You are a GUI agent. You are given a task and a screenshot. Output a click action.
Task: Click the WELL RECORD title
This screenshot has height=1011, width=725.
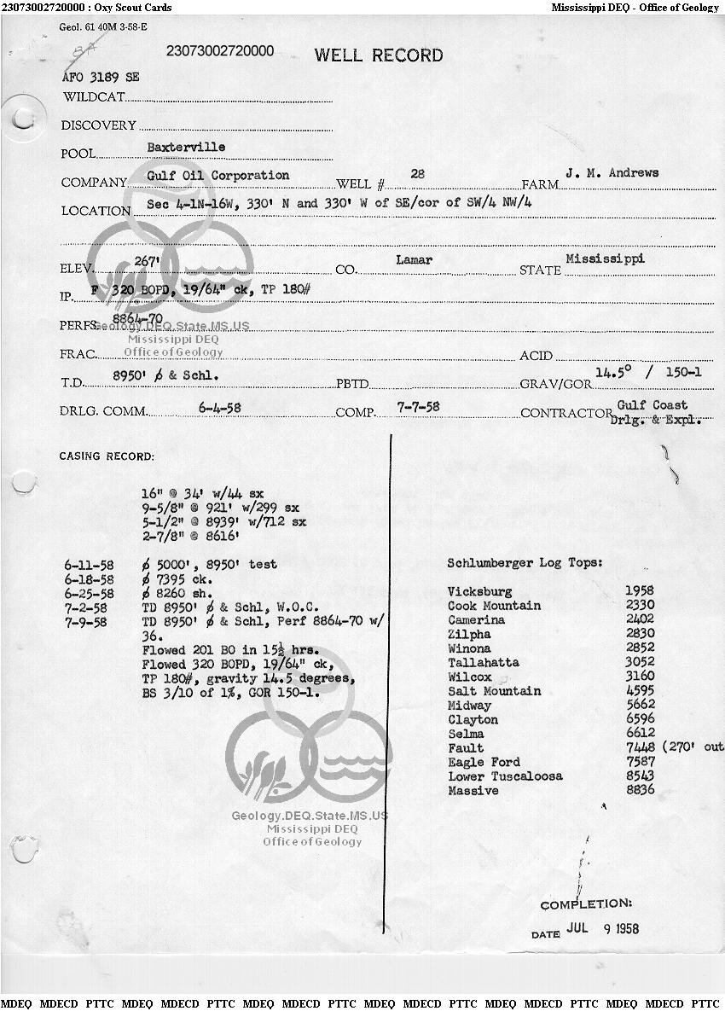[x=379, y=56]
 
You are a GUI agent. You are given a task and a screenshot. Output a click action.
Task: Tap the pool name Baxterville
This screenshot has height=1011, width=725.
[x=186, y=147]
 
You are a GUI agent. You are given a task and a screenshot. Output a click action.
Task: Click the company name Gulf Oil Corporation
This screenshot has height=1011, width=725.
[x=217, y=175]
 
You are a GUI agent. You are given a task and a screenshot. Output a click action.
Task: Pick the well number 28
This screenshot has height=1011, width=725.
[x=418, y=173]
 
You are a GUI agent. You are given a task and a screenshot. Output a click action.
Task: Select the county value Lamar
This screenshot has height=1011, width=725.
[x=415, y=259]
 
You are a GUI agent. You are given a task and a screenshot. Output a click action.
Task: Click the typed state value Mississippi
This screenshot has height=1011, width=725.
[x=605, y=257]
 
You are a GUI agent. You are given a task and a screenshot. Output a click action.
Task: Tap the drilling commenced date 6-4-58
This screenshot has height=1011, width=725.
[x=219, y=408]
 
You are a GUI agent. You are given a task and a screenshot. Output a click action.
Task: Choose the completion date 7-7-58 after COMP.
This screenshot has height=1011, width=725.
[x=419, y=407]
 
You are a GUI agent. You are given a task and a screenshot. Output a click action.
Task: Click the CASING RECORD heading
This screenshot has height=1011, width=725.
[x=107, y=456]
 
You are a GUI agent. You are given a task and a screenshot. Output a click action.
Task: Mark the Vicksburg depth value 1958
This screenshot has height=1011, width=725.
[x=640, y=591]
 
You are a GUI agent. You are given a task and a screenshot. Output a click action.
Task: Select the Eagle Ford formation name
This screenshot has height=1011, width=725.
[x=484, y=762]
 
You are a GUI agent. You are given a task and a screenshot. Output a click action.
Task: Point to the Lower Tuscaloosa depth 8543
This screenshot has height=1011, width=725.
[x=640, y=776]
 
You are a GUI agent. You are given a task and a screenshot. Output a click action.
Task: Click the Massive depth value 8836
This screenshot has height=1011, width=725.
[x=640, y=791]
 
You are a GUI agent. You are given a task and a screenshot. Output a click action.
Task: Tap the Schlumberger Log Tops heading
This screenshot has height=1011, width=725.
[x=525, y=563]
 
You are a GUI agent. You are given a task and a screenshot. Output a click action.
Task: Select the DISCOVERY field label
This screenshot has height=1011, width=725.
[x=98, y=125]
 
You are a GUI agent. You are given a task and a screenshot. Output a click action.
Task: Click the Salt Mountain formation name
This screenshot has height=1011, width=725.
[x=494, y=691]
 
